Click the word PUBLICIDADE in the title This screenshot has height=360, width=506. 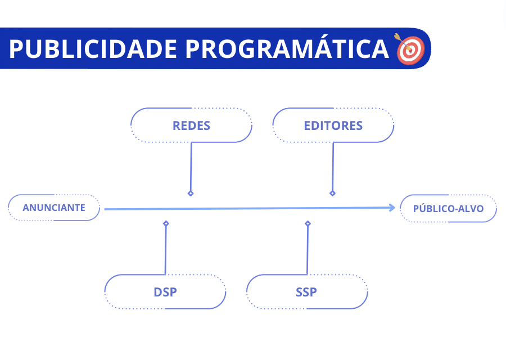coord(93,49)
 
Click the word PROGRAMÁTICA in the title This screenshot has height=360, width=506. coord(287,49)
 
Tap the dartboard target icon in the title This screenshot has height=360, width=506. coord(410,49)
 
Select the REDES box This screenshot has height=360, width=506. coord(191,125)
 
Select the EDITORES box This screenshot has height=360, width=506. coord(333,125)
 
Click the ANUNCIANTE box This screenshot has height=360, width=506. coord(54,208)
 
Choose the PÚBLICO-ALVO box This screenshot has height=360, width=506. coord(448,209)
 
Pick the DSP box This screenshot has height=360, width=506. coord(165,292)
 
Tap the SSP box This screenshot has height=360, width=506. coord(306,292)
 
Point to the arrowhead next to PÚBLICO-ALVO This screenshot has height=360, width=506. coord(392,208)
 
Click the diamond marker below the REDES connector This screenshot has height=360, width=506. coord(191,193)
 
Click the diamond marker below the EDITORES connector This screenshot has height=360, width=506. coord(332,193)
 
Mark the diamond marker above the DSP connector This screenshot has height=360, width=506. coord(166,223)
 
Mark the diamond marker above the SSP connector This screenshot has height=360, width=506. coord(308,223)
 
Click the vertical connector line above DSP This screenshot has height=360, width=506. coord(165,250)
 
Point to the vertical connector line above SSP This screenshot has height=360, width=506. coord(308,250)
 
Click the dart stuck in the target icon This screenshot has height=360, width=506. coord(400,39)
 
